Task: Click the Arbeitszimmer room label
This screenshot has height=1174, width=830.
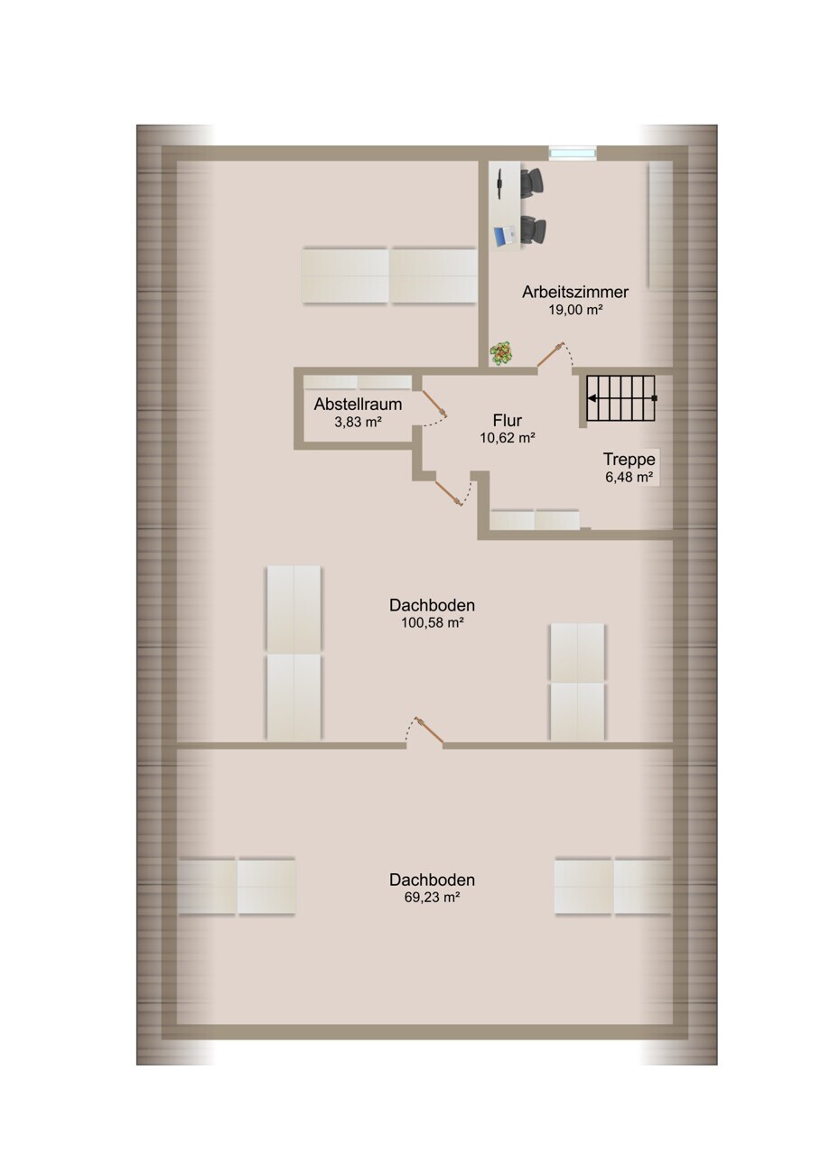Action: pos(574,292)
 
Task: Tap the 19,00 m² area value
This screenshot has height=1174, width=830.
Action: pos(574,310)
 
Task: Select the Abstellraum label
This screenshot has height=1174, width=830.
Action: pos(358,404)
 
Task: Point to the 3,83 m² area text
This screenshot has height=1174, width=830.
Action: pos(358,422)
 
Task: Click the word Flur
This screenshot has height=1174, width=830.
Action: pos(508,420)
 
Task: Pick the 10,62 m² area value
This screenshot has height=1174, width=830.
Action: pos(508,438)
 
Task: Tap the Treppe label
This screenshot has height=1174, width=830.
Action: pos(629,460)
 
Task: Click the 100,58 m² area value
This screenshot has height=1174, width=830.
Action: pos(433,623)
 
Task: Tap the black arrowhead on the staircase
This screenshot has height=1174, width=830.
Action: pos(592,398)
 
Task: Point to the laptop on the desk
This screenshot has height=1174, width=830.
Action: pos(505,235)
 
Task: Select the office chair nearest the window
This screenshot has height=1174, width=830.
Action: pos(532,182)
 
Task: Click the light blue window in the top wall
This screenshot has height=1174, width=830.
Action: pos(573,153)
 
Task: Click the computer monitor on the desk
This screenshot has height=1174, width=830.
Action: pos(499,184)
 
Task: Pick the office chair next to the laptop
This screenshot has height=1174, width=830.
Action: pos(534,230)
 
